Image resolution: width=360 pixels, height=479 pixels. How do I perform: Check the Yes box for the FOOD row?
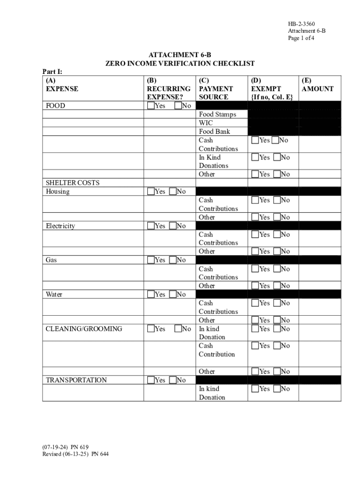(151, 106)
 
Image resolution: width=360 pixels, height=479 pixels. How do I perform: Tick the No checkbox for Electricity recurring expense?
(173, 226)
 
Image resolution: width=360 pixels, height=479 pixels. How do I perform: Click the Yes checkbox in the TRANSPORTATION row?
(151, 380)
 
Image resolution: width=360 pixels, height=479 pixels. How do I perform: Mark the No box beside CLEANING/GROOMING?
(178, 329)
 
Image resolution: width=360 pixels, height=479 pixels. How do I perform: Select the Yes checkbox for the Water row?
(151, 294)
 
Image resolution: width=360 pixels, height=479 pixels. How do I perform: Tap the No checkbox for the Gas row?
(173, 260)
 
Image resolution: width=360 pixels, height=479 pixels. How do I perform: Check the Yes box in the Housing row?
(151, 191)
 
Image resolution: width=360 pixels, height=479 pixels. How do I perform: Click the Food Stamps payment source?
(217, 115)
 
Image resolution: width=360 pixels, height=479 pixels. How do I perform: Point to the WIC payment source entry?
(206, 123)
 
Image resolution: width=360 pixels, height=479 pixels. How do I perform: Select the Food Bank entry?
(215, 131)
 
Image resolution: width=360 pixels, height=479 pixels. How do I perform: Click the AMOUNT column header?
(318, 89)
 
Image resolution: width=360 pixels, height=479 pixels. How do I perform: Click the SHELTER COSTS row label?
(72, 183)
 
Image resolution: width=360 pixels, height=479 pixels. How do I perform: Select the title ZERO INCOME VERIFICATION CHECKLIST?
(180, 64)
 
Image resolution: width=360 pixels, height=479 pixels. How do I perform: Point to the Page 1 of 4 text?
(301, 38)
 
